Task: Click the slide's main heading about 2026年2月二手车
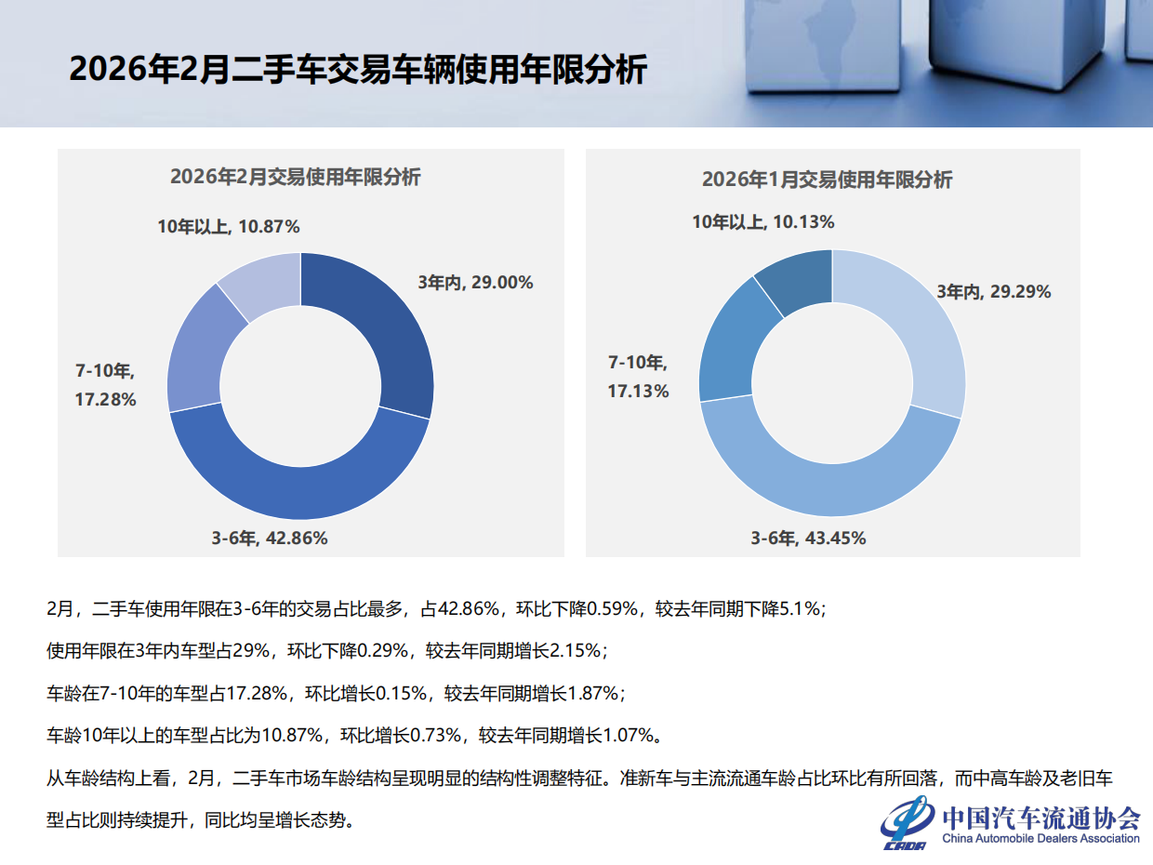tap(357, 70)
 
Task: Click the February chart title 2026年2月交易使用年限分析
tap(295, 177)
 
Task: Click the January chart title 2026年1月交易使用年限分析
tap(827, 180)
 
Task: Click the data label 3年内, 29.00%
tap(474, 283)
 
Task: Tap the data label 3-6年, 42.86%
tap(270, 538)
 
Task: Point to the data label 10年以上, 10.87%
tap(228, 226)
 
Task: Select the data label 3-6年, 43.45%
tap(808, 538)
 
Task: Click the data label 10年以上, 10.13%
tap(762, 221)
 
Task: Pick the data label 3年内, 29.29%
tap(993, 292)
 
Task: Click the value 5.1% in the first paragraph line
tap(801, 609)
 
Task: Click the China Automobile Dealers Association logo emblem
tap(908, 822)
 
